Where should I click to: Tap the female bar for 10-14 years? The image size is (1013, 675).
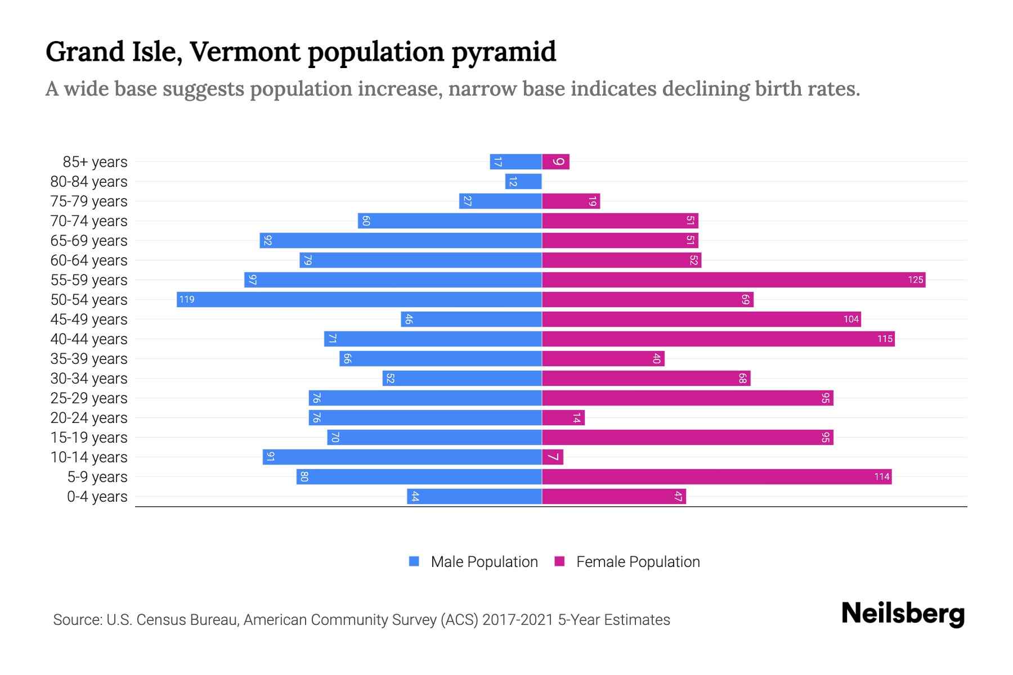coord(553,457)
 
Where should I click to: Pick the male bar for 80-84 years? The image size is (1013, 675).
coord(523,181)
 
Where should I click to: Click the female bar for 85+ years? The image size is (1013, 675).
coord(556,161)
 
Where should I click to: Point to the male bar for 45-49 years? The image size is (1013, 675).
coord(471,319)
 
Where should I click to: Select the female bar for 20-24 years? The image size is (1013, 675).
coord(563,417)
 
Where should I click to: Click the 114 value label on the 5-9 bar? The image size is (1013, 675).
coord(881,476)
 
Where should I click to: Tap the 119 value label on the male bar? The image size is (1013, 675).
coord(187,299)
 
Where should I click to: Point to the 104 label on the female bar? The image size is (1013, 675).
coord(851,319)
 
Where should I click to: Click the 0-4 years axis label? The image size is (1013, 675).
coord(97,497)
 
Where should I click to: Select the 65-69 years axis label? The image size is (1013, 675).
coord(89,241)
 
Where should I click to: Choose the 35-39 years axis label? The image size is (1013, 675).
coord(89,359)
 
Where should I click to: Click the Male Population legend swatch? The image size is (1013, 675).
coord(414,561)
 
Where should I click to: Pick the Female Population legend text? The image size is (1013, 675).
coord(638,561)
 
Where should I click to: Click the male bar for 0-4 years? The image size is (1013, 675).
coord(474,496)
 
